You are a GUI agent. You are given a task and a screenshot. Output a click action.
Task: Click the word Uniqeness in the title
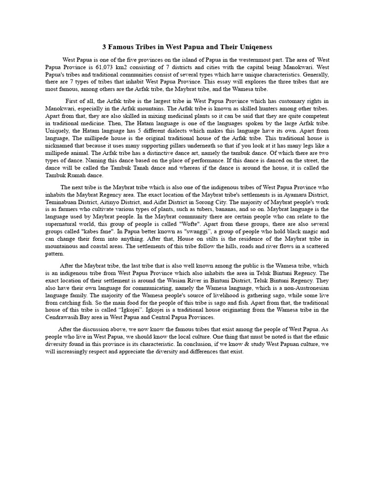251,47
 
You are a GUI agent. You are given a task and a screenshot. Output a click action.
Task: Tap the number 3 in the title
104,47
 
